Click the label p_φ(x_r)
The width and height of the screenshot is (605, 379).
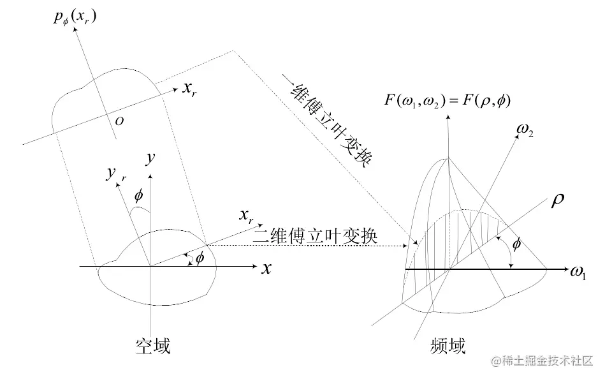[75, 18]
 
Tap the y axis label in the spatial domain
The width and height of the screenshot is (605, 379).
[150, 158]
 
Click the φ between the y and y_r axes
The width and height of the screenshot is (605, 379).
[138, 195]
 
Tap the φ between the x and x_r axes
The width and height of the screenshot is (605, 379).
[200, 258]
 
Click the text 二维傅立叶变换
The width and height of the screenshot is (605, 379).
[316, 237]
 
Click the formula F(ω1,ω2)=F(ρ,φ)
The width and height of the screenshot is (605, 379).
[448, 101]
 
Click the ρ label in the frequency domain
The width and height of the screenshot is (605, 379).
[556, 202]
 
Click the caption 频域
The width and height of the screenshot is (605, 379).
[448, 346]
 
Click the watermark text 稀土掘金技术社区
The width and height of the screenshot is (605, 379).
[541, 362]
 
